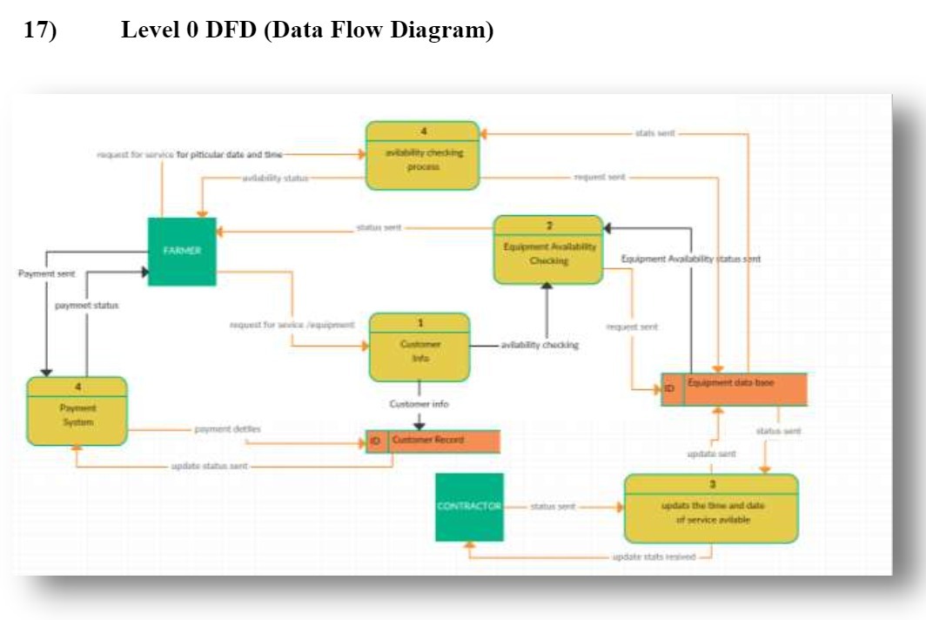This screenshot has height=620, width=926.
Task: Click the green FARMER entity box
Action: [x=182, y=251]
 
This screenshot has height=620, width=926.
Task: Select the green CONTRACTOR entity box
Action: [x=469, y=507]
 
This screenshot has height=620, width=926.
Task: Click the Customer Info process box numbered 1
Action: [x=419, y=347]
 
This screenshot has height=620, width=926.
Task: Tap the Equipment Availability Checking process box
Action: [x=548, y=251]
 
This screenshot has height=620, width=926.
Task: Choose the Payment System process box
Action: [x=77, y=412]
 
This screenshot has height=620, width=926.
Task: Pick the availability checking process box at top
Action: [x=422, y=156]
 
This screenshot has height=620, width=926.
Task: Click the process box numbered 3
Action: [x=710, y=509]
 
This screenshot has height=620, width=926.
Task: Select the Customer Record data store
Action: [x=444, y=441]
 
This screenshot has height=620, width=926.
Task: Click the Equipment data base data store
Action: [x=744, y=389]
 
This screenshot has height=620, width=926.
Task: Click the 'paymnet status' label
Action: [x=86, y=306]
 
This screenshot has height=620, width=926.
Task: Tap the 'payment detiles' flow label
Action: [x=227, y=428]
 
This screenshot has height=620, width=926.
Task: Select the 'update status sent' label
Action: [x=209, y=467]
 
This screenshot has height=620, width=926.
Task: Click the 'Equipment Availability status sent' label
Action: [x=690, y=259]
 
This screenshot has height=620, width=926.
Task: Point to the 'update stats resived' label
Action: [x=654, y=556]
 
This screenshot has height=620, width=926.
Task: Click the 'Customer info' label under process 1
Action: [x=419, y=404]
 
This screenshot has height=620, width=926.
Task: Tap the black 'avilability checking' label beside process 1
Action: [x=540, y=345]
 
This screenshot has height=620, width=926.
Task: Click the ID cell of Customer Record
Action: [x=376, y=441]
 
